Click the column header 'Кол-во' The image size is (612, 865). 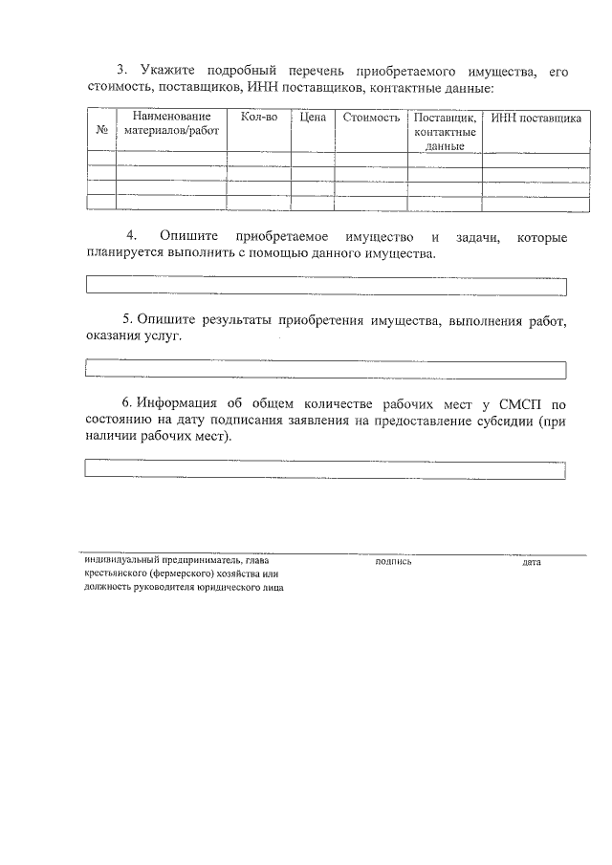pyautogui.click(x=259, y=118)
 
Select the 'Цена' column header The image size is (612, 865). pyautogui.click(x=313, y=118)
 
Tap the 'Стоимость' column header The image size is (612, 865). pyautogui.click(x=371, y=118)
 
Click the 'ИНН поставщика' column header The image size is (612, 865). pyautogui.click(x=535, y=119)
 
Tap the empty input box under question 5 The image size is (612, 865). pyautogui.click(x=326, y=369)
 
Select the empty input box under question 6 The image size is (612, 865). pyautogui.click(x=326, y=468)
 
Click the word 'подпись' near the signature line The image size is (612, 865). pyautogui.click(x=394, y=562)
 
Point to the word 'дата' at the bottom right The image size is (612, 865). pyautogui.click(x=532, y=562)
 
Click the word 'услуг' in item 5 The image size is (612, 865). pyautogui.click(x=160, y=337)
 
